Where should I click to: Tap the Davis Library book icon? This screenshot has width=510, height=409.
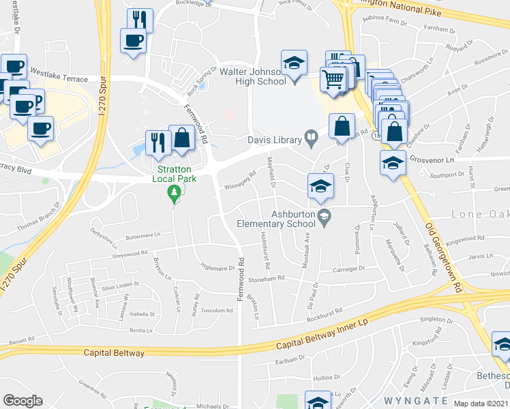pos(312,140)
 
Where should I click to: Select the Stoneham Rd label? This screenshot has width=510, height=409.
pos(266,279)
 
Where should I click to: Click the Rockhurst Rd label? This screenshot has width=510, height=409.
pos(325,313)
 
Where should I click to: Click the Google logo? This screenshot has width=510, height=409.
pos(22,401)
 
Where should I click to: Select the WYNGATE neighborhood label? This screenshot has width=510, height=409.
pos(416,400)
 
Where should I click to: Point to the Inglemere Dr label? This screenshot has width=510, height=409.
pos(217,267)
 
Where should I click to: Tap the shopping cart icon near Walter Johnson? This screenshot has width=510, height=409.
pos(333,78)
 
